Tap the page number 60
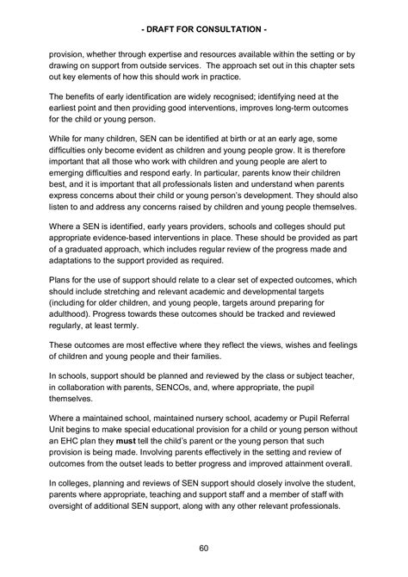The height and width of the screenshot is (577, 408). [x=203, y=547]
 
